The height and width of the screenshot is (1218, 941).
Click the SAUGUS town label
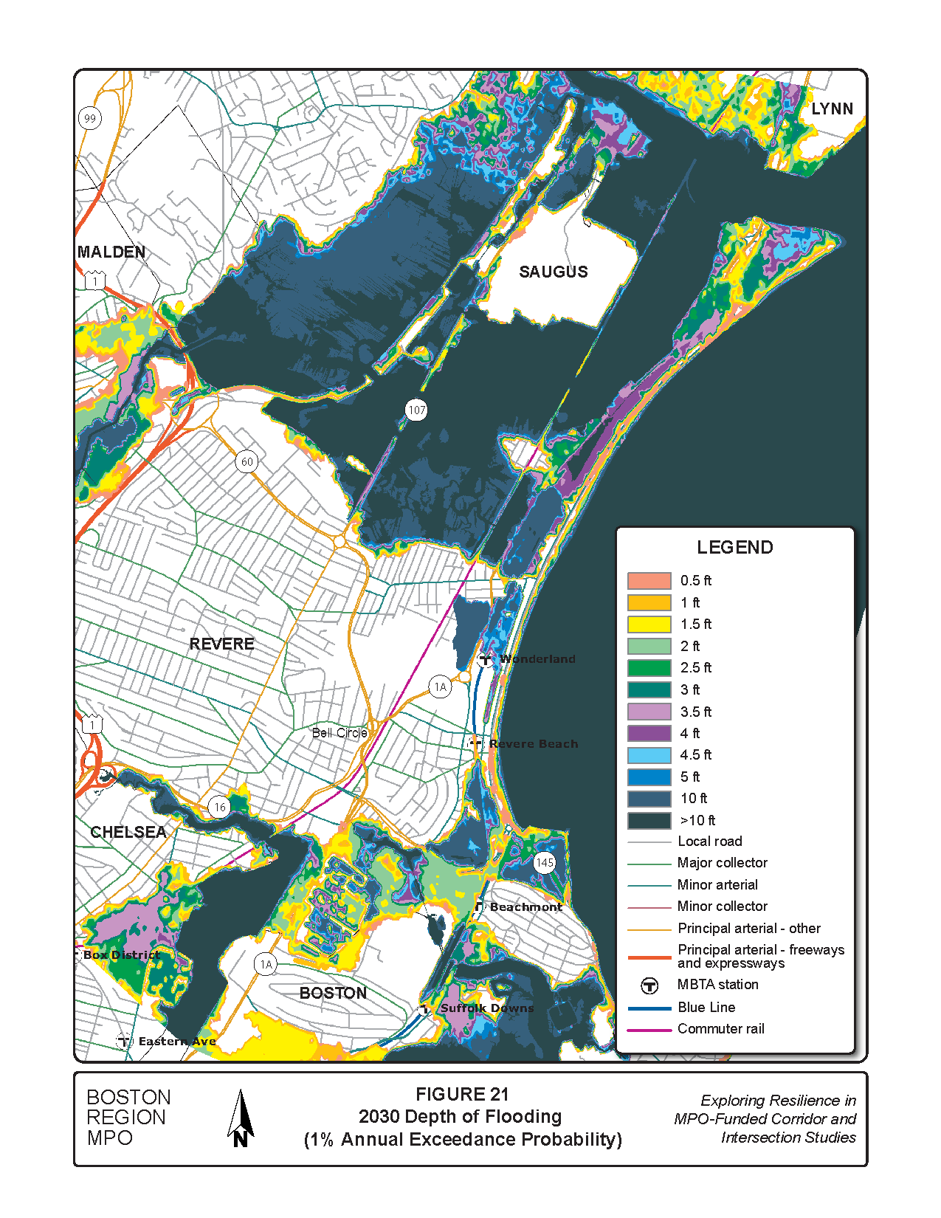pos(554,272)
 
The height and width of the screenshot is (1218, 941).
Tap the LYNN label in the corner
pos(832,109)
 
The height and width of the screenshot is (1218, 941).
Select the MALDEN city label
pos(111,252)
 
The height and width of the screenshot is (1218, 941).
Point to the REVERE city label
pos(221,644)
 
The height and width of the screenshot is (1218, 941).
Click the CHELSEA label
pos(128,832)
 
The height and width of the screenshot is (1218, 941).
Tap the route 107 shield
pos(416,410)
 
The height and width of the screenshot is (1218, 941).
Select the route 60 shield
pos(247,462)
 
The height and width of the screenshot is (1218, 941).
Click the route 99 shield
pos(90,118)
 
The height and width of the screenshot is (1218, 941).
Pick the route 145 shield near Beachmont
pos(544,862)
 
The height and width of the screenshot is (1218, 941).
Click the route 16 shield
pos(219,807)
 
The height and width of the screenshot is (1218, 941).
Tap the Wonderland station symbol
pos(485,659)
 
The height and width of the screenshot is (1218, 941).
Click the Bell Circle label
pos(339,733)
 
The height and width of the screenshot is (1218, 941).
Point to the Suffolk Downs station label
pos(487,1008)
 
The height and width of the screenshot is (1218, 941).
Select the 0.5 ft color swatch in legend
pos(649,581)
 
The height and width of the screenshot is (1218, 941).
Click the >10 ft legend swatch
pos(649,820)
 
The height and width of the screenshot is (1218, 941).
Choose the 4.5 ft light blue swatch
pos(649,755)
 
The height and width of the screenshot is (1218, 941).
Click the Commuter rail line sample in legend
pos(649,1029)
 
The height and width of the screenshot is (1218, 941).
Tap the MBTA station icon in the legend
pos(649,985)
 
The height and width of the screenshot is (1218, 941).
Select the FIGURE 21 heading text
pos(462,1095)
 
